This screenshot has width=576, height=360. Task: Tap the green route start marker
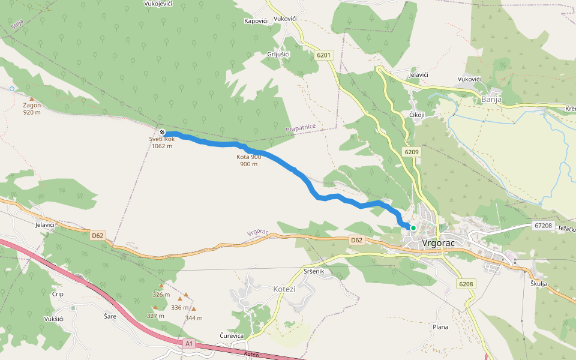coord(413,228)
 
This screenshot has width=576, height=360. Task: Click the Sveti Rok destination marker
coord(162,132)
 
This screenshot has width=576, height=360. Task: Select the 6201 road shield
coord(323,55)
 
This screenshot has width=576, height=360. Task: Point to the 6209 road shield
coord(411,152)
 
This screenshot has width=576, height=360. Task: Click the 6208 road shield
coord(465,284)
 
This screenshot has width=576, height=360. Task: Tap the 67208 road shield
coord(542,226)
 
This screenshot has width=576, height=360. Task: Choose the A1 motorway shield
coord(190,343)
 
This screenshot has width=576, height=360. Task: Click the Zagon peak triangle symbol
coord(32,99)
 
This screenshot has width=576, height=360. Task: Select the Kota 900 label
coord(248,157)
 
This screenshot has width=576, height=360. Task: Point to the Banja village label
coord(491,100)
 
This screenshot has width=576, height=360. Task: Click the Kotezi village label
coord(284,289)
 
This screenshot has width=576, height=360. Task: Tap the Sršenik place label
coord(314,272)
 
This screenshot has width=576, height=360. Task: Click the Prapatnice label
coord(301,128)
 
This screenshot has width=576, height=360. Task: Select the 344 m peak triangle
coord(193,309)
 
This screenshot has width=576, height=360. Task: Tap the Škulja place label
coord(539,284)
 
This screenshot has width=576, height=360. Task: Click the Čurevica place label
coord(232,335)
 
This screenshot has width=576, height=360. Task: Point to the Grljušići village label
coord(278,55)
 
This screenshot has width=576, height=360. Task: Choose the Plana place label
coord(440,327)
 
